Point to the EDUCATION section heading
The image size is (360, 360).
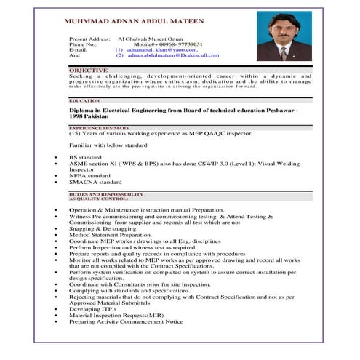(x=84, y=100)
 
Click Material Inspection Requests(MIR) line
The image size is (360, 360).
(x=116, y=315)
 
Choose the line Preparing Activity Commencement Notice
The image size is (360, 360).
(x=126, y=321)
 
